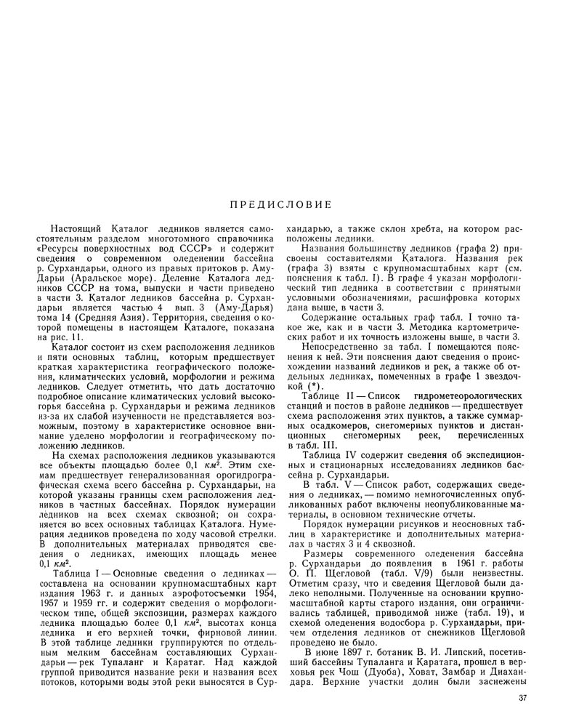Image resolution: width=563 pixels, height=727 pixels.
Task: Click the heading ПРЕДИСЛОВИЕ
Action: click(x=281, y=204)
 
